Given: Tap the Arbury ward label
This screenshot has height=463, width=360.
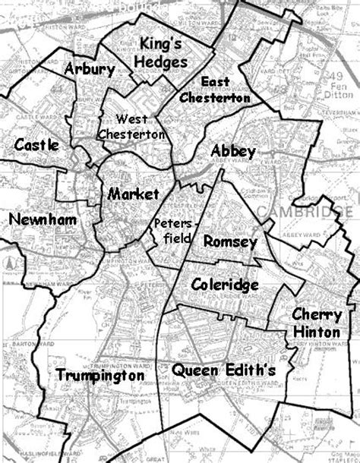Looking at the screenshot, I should (x=90, y=70).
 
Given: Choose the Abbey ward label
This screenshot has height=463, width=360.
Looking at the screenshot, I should (x=233, y=151).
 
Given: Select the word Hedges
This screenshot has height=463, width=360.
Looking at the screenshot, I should (x=161, y=61).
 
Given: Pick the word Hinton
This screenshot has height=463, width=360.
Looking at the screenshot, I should (x=311, y=332).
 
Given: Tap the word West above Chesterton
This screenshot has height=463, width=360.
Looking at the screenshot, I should (x=131, y=118).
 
